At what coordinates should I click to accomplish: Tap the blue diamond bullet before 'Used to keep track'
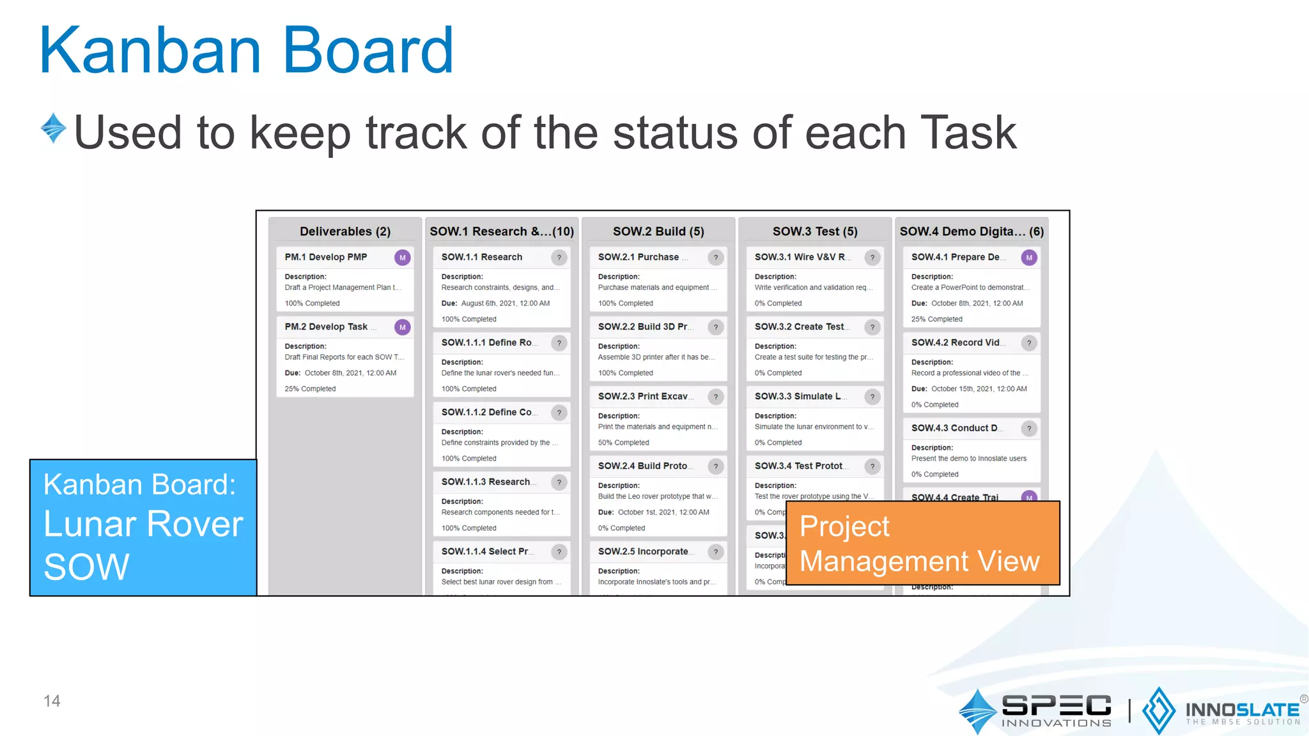click(x=54, y=128)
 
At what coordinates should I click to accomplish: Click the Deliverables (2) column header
click(x=345, y=231)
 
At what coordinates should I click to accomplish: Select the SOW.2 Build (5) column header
click(x=658, y=231)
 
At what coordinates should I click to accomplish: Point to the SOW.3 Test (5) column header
click(x=815, y=231)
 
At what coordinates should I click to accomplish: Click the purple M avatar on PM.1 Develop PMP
click(x=402, y=257)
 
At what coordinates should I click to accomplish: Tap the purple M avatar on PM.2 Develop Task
click(x=402, y=327)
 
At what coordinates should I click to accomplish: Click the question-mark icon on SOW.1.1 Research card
click(x=559, y=257)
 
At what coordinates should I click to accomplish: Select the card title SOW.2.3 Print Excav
click(x=643, y=396)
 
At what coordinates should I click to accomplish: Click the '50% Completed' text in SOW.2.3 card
click(x=623, y=443)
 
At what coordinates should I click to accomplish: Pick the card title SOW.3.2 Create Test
click(x=799, y=326)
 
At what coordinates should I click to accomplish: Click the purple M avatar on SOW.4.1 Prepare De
click(x=1028, y=257)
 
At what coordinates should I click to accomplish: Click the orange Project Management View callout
click(x=922, y=543)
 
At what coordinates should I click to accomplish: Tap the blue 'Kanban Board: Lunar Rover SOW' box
click(x=143, y=527)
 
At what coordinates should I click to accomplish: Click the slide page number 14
click(x=52, y=701)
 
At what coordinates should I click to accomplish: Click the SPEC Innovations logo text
click(x=1056, y=710)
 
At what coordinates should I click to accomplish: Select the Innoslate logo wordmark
click(x=1242, y=710)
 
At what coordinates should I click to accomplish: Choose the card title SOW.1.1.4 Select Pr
click(x=485, y=551)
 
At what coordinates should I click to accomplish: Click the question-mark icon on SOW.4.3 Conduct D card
click(x=1028, y=428)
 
